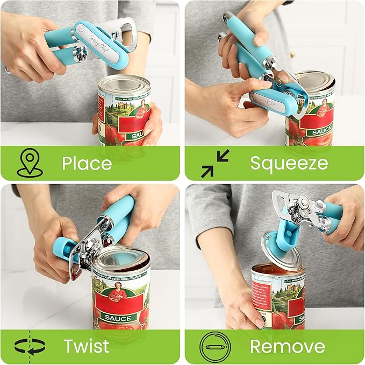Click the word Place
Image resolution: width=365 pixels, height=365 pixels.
[x=87, y=163]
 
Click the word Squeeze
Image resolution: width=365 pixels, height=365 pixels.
[x=289, y=163]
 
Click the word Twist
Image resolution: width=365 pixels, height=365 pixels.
[x=87, y=346]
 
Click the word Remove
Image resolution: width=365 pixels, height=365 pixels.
[x=287, y=346]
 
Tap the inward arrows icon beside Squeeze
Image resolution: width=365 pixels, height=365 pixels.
[x=215, y=163]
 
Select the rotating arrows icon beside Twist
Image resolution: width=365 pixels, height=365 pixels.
[x=29, y=346]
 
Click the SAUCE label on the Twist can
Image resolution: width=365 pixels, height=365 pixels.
[x=118, y=318]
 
